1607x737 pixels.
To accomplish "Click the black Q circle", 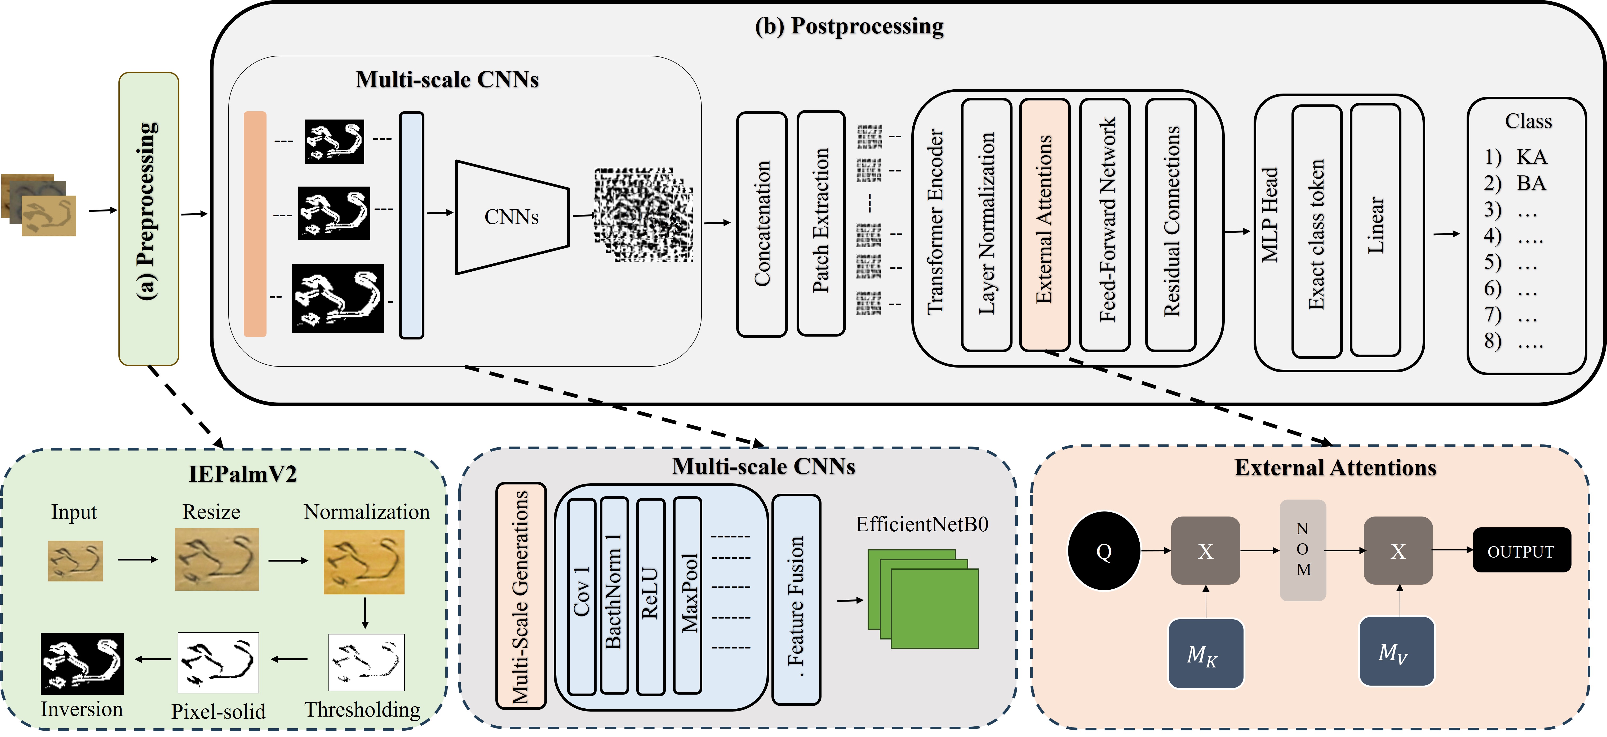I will [x=1104, y=551].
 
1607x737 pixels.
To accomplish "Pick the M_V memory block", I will [x=1397, y=651].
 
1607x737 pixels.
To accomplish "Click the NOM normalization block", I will [x=1303, y=550].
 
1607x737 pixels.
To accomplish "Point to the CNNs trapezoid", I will [x=512, y=217].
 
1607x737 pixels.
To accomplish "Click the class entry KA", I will [x=1531, y=157].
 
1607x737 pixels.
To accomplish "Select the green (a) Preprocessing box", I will [x=148, y=218].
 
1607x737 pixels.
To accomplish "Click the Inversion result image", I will [x=82, y=663].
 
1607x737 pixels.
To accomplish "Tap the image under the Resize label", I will [x=216, y=559].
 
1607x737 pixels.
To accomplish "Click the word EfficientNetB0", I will [x=921, y=524].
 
